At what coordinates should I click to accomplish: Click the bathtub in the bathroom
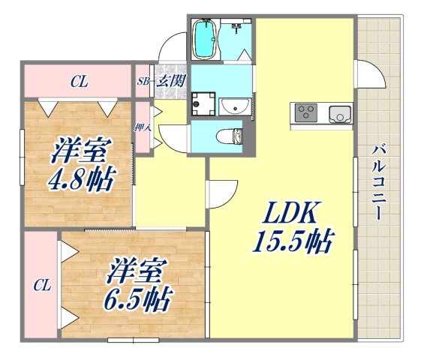[x=204, y=39]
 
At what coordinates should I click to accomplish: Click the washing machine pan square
[x=203, y=103]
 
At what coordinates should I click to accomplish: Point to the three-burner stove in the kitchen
[x=306, y=114]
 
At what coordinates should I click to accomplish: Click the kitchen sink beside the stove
[x=339, y=114]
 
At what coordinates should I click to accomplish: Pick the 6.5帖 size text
[x=135, y=298]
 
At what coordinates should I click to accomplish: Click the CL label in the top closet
[x=78, y=82]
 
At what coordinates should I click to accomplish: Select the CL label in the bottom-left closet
[x=41, y=285]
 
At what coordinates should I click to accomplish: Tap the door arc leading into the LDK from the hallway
[x=223, y=195]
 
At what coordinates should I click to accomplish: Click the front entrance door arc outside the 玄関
[x=171, y=49]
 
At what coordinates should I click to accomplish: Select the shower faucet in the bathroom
[x=237, y=30]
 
